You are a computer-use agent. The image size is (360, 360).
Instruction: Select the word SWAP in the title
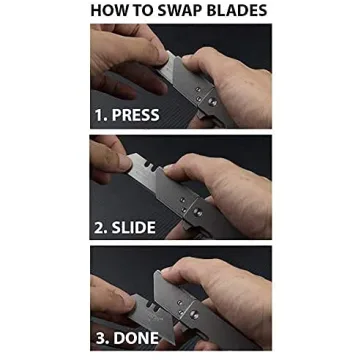coord(178,10)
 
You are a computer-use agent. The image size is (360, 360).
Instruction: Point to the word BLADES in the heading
coord(237,10)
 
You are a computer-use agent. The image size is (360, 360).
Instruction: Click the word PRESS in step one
coord(136,115)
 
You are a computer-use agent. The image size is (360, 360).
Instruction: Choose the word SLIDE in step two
coord(134,227)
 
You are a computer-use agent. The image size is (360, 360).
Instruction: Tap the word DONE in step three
coord(136,338)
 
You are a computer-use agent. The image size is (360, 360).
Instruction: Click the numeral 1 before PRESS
coord(99,115)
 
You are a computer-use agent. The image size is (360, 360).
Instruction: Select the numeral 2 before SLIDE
coord(99,227)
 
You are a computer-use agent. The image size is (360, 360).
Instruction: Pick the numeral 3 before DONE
coord(101,338)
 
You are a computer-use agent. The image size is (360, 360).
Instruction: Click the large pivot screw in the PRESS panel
coord(212,102)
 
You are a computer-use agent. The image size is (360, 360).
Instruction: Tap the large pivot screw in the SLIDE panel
coord(197,212)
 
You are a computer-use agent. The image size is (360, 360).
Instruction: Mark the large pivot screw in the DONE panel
coord(193,314)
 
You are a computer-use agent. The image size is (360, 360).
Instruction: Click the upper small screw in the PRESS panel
coord(198,89)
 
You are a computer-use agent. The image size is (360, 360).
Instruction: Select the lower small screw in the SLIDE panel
coord(184,210)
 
